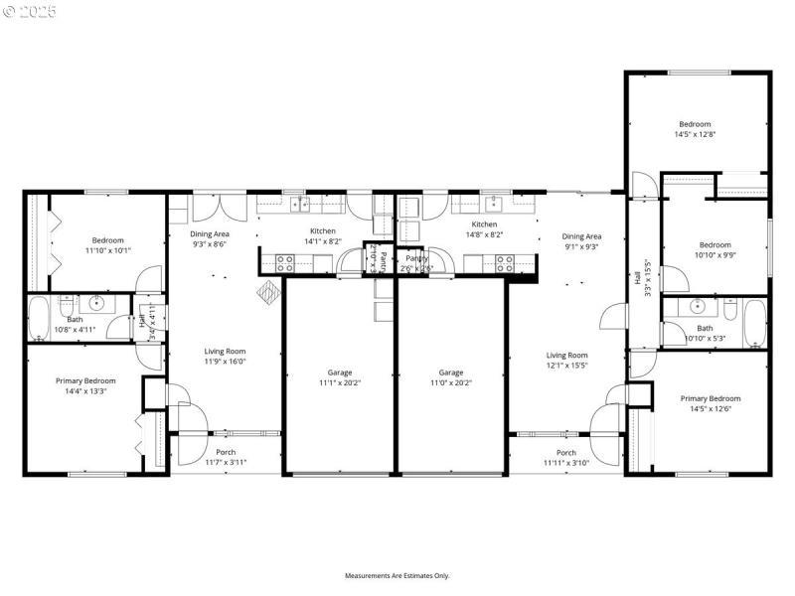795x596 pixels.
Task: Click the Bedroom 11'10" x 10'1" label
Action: coord(108,245)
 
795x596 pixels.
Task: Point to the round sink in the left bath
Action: coord(97,304)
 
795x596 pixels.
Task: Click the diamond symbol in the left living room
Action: coord(268,292)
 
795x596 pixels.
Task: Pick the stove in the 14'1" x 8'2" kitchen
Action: coord(285,263)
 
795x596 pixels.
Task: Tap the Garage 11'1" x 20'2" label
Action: coord(340,377)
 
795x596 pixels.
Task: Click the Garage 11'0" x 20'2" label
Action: coord(451,377)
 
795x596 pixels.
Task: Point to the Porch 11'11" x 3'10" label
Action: coord(566,458)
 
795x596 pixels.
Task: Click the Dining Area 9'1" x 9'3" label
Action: coord(581,241)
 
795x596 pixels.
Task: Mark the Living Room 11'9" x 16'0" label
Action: coord(226,356)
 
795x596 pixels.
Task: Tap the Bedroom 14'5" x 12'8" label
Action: coord(695,128)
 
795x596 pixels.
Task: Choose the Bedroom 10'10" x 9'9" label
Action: coord(715,249)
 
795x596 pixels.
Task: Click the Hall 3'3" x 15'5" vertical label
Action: coord(642,278)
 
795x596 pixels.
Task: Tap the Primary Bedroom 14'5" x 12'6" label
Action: coord(710,403)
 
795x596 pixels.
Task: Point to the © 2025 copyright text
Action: coord(30,12)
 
